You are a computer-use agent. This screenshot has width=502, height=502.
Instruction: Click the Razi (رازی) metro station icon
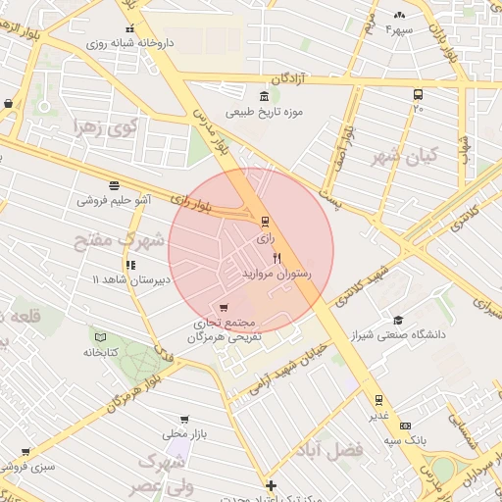[x=264, y=220]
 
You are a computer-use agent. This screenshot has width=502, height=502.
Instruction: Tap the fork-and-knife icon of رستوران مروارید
[x=278, y=259]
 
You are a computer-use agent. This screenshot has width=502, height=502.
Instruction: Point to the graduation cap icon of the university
[x=397, y=320]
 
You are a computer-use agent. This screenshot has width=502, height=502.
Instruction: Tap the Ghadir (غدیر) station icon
[x=377, y=400]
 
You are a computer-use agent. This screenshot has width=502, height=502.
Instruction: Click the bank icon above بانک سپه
[x=416, y=427]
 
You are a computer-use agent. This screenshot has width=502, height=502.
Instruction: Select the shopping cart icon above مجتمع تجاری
[x=226, y=309]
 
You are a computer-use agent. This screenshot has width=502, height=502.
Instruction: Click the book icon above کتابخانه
[x=99, y=335]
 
